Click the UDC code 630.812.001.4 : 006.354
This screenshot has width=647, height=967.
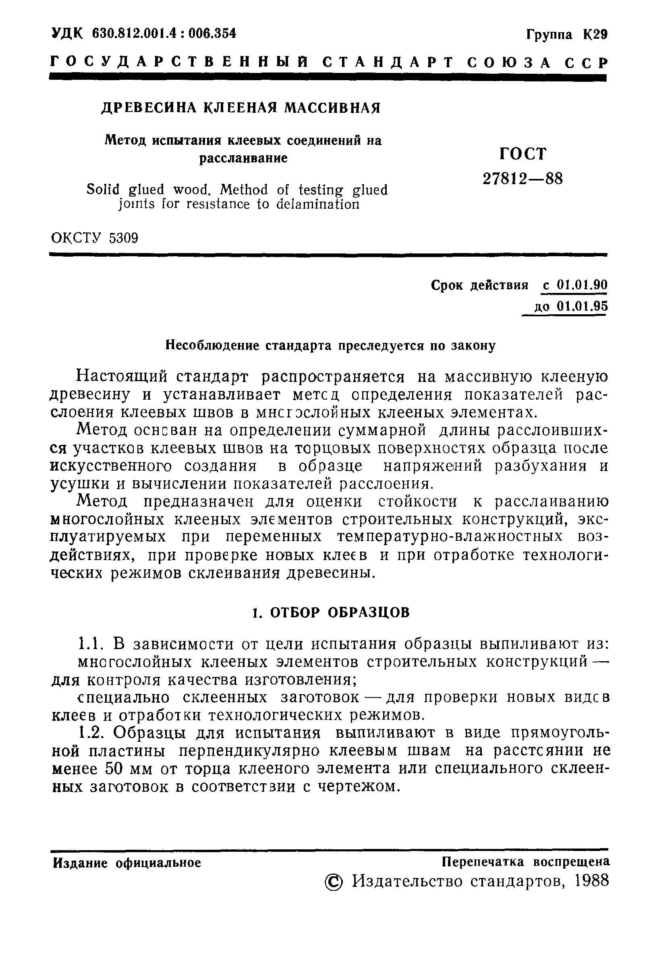(x=164, y=33)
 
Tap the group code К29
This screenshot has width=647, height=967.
(x=595, y=35)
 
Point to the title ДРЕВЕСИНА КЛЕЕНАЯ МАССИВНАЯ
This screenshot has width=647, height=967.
(x=241, y=108)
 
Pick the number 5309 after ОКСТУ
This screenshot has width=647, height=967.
(x=124, y=238)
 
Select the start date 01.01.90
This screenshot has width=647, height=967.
(x=582, y=285)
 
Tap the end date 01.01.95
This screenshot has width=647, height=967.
(x=582, y=306)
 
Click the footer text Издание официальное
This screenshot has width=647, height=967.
(x=127, y=863)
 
